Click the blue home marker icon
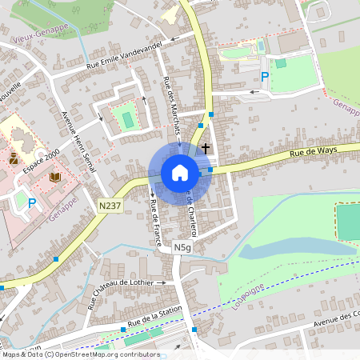click(x=179, y=173)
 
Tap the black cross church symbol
click(x=206, y=148)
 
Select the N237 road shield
click(x=110, y=206)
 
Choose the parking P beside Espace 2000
click(x=32, y=203)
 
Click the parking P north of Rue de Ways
click(x=265, y=77)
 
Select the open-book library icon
click(x=54, y=177)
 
